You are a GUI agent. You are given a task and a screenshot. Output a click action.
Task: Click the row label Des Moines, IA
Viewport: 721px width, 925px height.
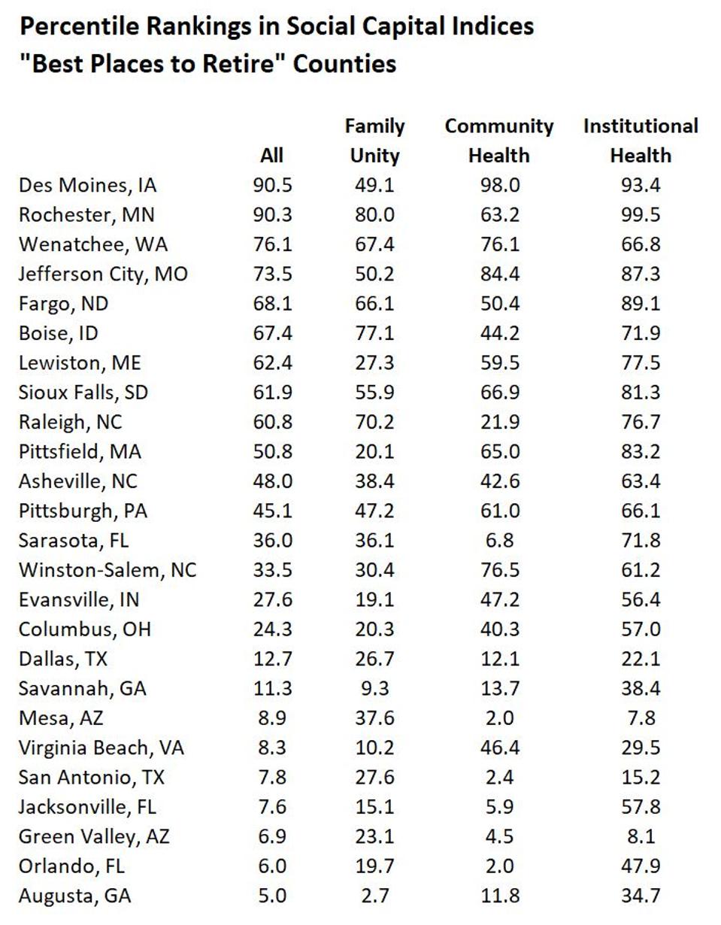click(88, 185)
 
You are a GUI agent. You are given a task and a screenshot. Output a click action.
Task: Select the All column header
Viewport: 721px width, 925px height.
click(271, 156)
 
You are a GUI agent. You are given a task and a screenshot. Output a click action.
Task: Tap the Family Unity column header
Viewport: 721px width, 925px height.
click(374, 141)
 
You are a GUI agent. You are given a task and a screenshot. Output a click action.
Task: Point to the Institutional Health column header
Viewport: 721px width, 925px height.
click(641, 141)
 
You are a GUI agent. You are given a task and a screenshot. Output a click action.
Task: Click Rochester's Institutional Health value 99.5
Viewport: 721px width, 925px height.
click(641, 214)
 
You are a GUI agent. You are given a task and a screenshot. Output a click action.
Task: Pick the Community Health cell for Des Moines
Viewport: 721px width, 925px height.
click(499, 185)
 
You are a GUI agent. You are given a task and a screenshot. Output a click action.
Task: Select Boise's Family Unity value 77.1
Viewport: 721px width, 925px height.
click(374, 332)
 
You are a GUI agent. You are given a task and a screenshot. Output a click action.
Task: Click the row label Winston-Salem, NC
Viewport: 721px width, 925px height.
click(108, 570)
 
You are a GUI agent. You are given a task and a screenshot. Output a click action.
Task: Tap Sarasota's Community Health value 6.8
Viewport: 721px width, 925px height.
click(499, 540)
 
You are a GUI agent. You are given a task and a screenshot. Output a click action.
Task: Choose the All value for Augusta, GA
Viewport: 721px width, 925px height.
click(271, 896)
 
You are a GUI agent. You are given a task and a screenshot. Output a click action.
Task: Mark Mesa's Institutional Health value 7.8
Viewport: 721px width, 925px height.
click(641, 718)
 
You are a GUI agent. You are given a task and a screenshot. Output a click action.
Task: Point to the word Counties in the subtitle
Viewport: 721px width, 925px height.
click(344, 63)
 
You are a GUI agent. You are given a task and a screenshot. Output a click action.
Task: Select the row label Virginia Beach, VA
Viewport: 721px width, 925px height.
click(101, 748)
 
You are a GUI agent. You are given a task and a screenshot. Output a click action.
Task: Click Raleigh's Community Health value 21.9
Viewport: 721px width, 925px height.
click(499, 422)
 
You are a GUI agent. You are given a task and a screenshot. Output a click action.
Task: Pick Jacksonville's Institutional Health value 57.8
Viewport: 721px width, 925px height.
click(641, 807)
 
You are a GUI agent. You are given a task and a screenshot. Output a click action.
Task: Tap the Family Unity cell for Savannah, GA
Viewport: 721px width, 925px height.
click(374, 688)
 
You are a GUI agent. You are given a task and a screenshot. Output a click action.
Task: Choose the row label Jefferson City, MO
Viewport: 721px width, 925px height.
click(103, 274)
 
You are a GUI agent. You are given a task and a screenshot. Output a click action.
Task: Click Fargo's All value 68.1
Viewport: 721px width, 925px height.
click(271, 303)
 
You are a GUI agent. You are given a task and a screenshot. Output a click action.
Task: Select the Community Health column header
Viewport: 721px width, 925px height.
click(499, 141)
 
